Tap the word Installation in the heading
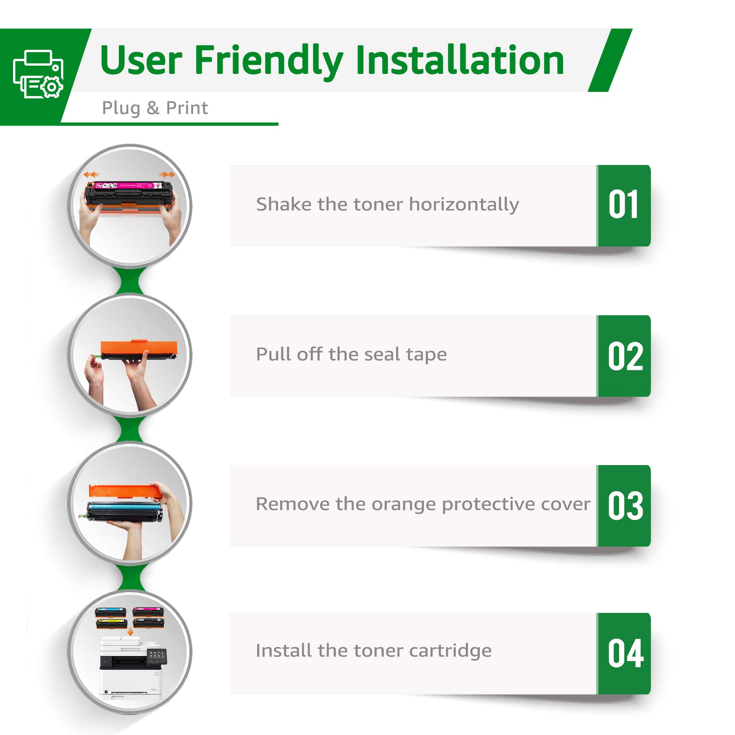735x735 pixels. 460,60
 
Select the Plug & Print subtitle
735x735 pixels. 155,108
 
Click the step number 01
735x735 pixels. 624,204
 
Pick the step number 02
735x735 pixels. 626,356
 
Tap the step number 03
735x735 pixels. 626,506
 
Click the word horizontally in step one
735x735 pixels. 464,205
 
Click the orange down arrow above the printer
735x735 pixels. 130,632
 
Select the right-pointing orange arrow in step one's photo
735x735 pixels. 167,174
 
